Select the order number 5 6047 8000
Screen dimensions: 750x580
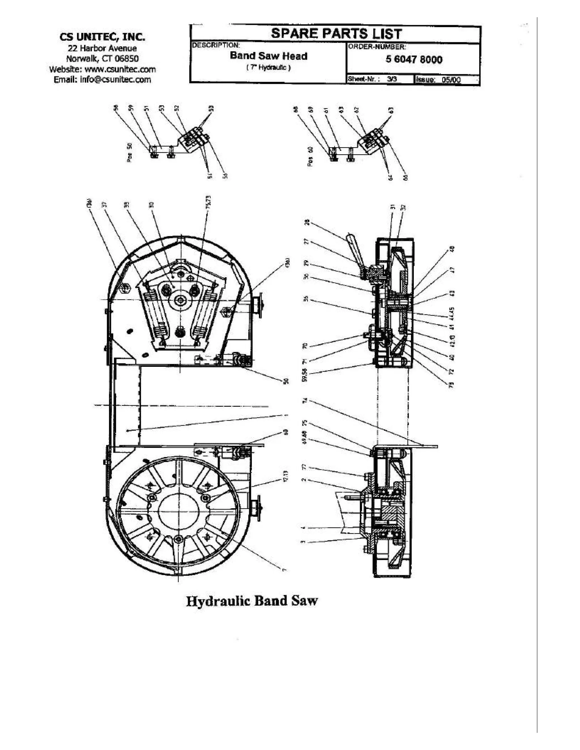[414, 60]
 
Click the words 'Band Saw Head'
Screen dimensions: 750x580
[268, 56]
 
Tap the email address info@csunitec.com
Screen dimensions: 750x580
[103, 80]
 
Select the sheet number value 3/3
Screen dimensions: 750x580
[392, 79]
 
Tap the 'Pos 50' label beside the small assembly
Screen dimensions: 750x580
[129, 152]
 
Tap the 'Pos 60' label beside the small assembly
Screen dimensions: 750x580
[310, 157]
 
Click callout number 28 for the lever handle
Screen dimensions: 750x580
[307, 222]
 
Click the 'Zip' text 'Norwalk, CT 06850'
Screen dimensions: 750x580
[103, 58]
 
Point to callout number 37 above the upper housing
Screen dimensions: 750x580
[105, 204]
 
